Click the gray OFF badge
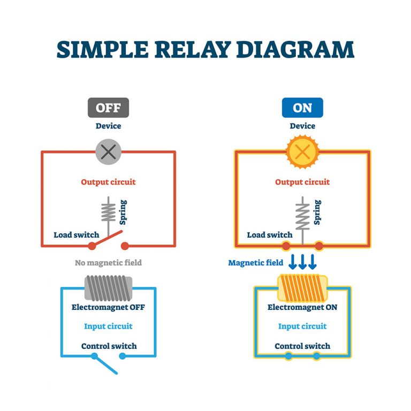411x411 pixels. pos(108,108)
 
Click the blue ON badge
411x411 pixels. pos(302,108)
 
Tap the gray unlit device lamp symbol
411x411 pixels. pos(109,152)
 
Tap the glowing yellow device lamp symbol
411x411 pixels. pos(302,152)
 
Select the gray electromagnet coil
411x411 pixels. pos(109,288)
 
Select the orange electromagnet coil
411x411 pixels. pos(302,288)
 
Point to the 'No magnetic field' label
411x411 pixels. pos(108,263)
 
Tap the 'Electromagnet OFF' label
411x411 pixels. pos(108,308)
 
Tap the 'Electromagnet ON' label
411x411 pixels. pos(302,308)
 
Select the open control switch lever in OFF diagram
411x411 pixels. pos(106,364)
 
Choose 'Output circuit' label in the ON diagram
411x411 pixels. pos(302,182)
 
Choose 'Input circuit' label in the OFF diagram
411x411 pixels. pos(108,326)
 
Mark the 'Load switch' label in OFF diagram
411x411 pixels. pos(76,235)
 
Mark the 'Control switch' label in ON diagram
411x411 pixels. pos(302,346)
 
